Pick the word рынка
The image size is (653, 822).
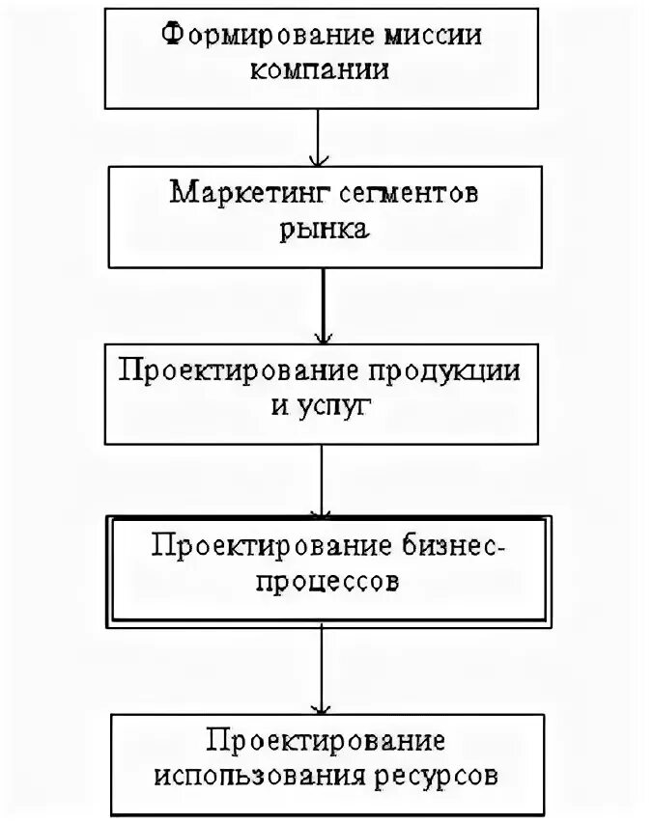[x=324, y=230]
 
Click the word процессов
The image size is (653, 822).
[x=324, y=584]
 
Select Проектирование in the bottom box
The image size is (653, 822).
[x=326, y=741]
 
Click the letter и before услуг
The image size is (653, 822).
[x=280, y=406]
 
